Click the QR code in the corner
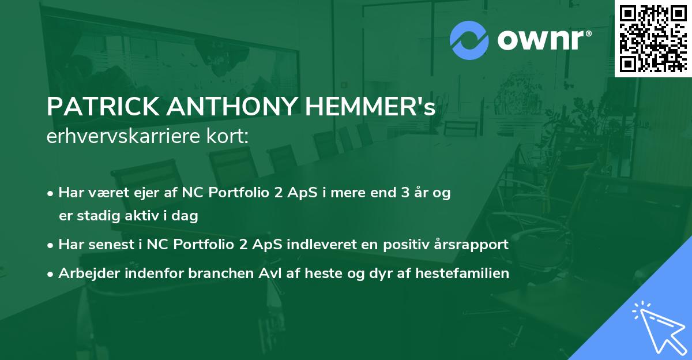(x=653, y=38)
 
